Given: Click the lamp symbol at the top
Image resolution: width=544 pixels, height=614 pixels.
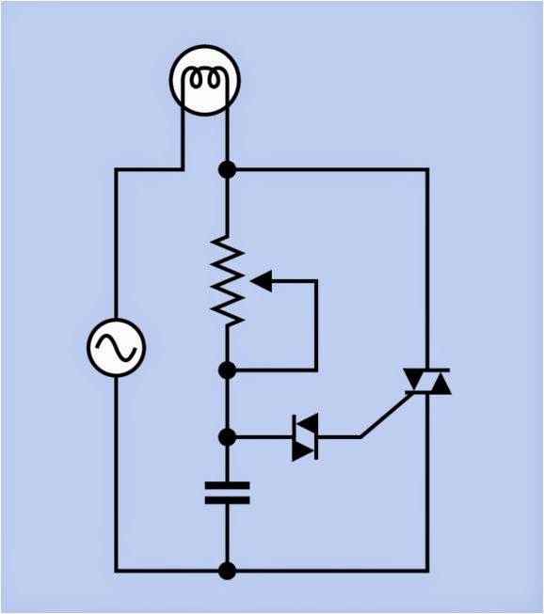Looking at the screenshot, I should point(205,81).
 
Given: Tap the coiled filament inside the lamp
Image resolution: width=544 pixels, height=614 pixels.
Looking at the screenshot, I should point(205,79).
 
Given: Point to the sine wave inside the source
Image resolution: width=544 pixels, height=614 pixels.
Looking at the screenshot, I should point(116,347).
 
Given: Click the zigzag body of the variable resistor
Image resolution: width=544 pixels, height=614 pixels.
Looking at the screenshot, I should point(228,280).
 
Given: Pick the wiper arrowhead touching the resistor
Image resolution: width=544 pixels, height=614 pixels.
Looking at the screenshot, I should point(261,279).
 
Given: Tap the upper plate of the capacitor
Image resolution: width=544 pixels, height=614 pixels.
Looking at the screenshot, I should point(227,486).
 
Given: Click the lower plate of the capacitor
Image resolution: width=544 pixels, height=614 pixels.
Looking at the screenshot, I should point(227,500).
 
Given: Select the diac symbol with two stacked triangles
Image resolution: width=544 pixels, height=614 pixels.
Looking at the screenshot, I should point(304,437).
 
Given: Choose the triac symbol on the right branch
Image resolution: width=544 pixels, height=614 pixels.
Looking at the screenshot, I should point(427,381).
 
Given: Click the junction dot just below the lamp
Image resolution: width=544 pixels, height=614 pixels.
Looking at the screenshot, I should point(227,169).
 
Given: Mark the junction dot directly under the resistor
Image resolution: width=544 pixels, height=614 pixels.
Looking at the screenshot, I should point(227,370).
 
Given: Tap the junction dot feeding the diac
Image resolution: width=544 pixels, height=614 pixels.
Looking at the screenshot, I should point(227,437).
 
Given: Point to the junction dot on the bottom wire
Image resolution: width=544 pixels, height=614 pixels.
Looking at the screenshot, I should point(227,571).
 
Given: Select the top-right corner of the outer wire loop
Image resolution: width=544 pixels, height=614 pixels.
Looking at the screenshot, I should point(427,169).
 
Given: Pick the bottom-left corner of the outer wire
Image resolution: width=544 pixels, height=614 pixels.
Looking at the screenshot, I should point(116,571).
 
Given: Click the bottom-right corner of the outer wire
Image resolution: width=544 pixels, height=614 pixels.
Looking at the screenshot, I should point(427,571).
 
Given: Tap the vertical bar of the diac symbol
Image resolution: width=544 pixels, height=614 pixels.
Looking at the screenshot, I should point(316,437).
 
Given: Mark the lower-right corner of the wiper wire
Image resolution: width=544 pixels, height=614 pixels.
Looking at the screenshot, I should point(316,370).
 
